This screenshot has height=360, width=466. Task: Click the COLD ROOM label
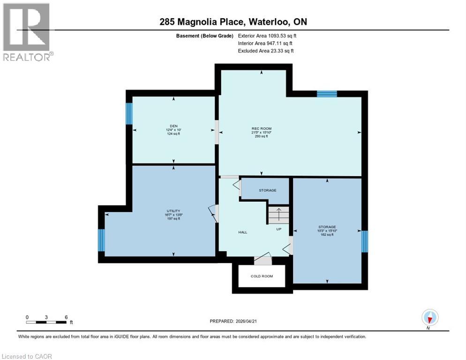pyautogui.click(x=262, y=276)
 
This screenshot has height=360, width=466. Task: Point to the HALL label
pyautogui.click(x=242, y=232)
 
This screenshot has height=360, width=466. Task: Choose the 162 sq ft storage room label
pyautogui.click(x=327, y=231)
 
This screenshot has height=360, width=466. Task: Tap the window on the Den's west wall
pyautogui.click(x=129, y=113)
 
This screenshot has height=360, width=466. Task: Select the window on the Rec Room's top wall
pyautogui.click(x=327, y=94)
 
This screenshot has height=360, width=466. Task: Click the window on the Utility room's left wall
pyautogui.click(x=101, y=240)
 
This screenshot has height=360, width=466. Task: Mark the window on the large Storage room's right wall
pyautogui.click(x=365, y=241)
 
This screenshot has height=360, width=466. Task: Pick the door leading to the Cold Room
pyautogui.click(x=263, y=259)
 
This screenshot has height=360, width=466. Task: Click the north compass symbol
pyautogui.click(x=429, y=317)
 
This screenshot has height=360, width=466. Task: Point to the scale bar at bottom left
pyautogui.click(x=46, y=322)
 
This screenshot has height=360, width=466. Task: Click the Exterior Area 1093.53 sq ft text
pyautogui.click(x=267, y=36)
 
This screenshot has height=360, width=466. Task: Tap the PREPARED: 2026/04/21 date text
pyautogui.click(x=234, y=321)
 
